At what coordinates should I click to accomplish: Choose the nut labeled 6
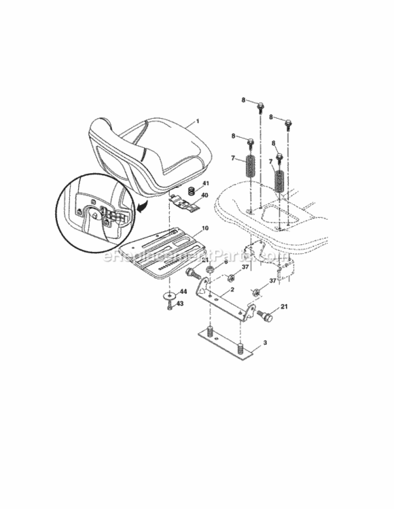coord(211,269)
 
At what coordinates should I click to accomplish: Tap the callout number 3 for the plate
coord(264,344)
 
